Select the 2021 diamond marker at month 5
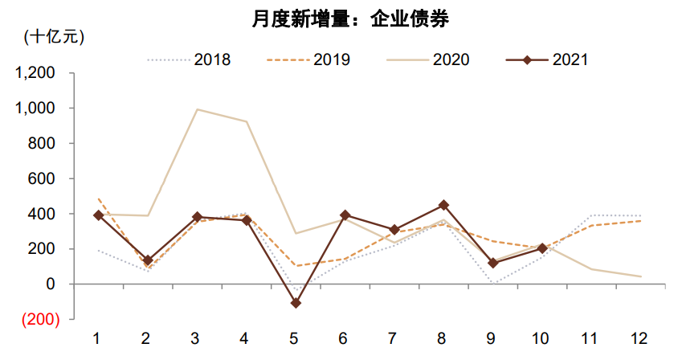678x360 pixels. [x=296, y=303]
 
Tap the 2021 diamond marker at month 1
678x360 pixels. [x=98, y=215]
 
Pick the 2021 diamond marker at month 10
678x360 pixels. [x=542, y=248]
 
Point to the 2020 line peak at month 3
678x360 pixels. [x=198, y=109]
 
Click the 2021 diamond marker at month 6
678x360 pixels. [x=345, y=215]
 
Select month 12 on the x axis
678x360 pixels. [x=640, y=338]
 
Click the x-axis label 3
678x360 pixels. [x=198, y=338]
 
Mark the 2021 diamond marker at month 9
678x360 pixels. [x=493, y=263]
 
